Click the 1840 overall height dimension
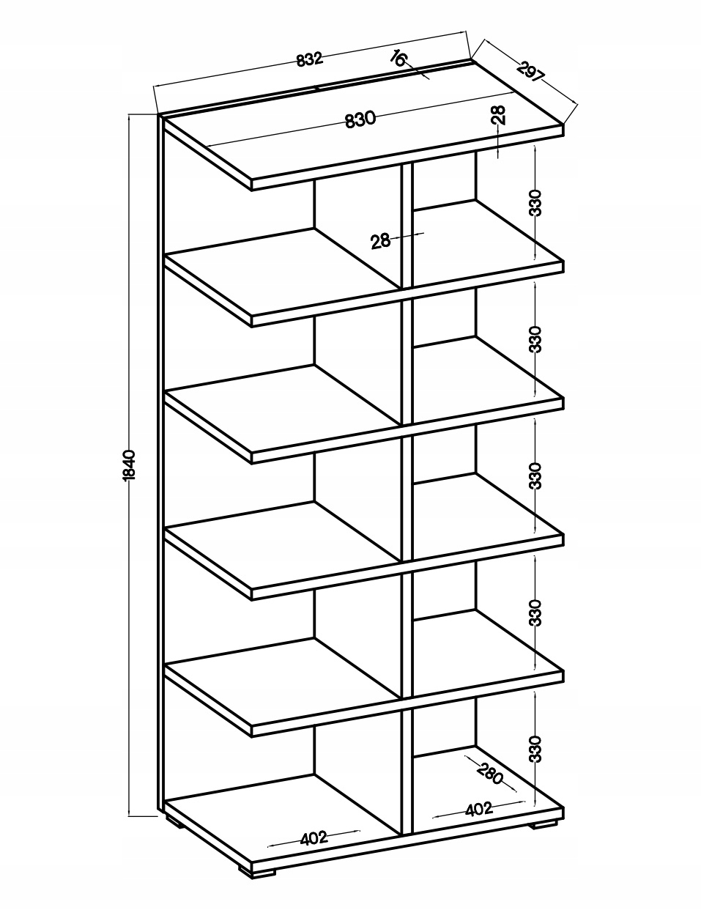[x=129, y=465]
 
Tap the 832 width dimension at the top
[x=310, y=59]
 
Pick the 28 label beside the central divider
[x=380, y=240]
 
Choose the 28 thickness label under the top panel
[x=498, y=114]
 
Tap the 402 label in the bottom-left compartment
[x=314, y=838]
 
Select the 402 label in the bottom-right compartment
[x=478, y=810]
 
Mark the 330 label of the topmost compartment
[x=536, y=202]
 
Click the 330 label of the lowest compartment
[x=536, y=749]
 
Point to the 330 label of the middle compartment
[x=536, y=476]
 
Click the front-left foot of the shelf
[x=264, y=873]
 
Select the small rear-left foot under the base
[x=174, y=822]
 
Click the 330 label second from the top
[x=536, y=339]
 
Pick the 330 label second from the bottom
[x=536, y=613]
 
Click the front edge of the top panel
[x=407, y=158]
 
